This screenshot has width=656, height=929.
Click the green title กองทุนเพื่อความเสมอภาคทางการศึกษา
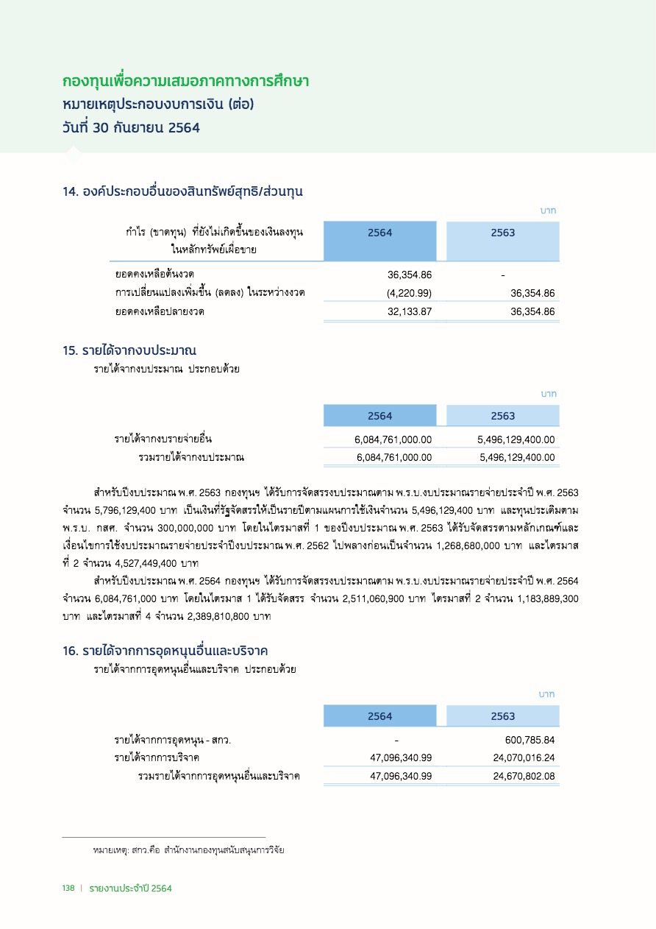pyautogui.click(x=185, y=81)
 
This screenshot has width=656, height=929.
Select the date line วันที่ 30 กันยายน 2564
pyautogui.click(x=131, y=127)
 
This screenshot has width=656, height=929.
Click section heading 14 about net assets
pyautogui.click(x=183, y=192)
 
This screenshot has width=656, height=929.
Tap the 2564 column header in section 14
pyautogui.click(x=380, y=233)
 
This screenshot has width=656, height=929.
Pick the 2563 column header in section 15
pyautogui.click(x=503, y=416)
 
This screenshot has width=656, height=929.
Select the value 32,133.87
pyautogui.click(x=410, y=312)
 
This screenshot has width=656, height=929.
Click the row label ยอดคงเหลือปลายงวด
pyautogui.click(x=160, y=312)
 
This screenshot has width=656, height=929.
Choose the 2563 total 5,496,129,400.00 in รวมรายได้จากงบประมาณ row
pyautogui.click(x=516, y=458)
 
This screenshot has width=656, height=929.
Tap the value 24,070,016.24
pyautogui.click(x=524, y=757)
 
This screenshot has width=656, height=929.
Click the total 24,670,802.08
pyautogui.click(x=524, y=776)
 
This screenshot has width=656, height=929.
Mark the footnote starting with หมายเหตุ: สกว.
pyautogui.click(x=188, y=850)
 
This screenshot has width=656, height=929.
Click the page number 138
pyautogui.click(x=68, y=889)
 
